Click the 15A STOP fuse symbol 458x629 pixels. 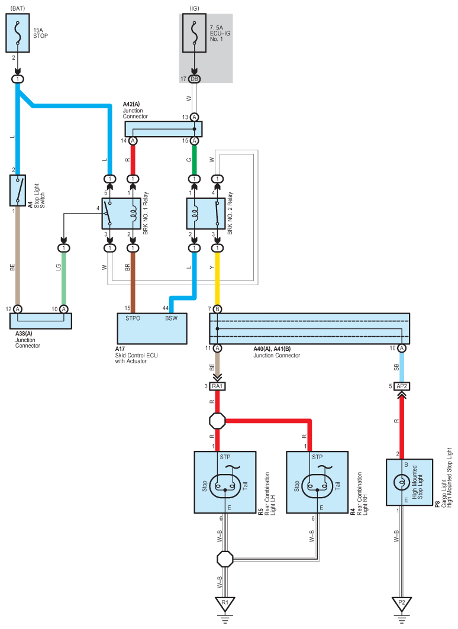coord(18,33)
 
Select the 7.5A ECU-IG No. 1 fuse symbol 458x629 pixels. coord(195,33)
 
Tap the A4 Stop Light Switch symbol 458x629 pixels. coord(18,191)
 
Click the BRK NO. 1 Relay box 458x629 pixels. coord(121,214)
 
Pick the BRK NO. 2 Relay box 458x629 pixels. coord(206,214)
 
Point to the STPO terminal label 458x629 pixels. coord(133,318)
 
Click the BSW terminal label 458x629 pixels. coord(171,318)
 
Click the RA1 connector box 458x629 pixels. coord(217,386)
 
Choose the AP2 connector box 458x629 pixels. coord(402,386)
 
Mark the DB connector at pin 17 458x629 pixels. coord(195,79)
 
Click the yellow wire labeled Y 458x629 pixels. coord(217,279)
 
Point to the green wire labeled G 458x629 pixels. coord(195,160)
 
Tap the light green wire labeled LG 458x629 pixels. coord(64,279)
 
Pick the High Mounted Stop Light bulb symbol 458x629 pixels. coord(402,482)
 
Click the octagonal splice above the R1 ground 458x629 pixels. coord(225,559)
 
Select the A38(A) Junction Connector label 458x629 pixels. coord(28,340)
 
